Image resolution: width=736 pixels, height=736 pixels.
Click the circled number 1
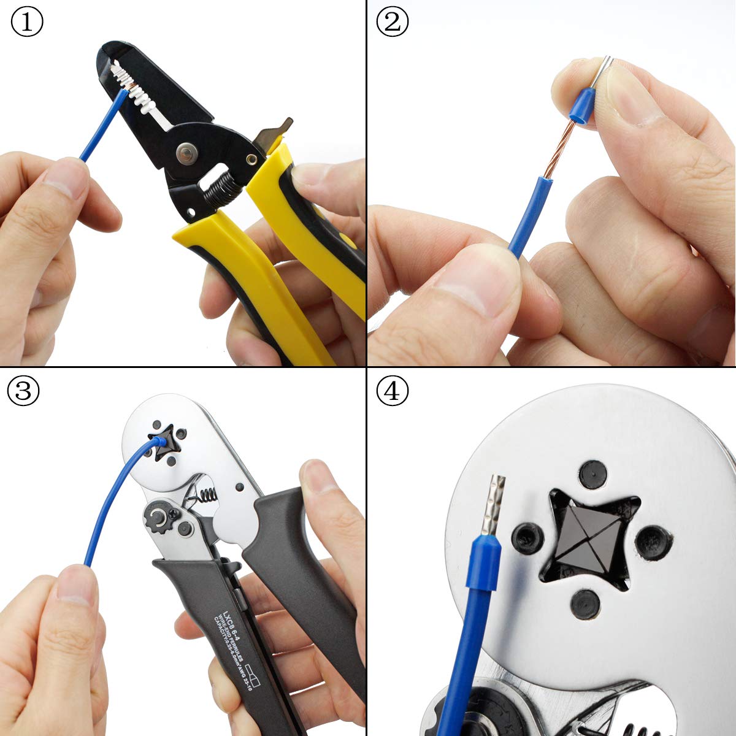(x=26, y=23)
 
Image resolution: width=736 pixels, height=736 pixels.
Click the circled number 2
(x=392, y=23)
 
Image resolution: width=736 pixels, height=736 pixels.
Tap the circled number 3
(x=23, y=391)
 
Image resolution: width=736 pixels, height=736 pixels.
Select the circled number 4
(x=392, y=391)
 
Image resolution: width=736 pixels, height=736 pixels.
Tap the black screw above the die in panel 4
(x=594, y=473)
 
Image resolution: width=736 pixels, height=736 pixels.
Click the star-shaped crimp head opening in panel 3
(x=161, y=443)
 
